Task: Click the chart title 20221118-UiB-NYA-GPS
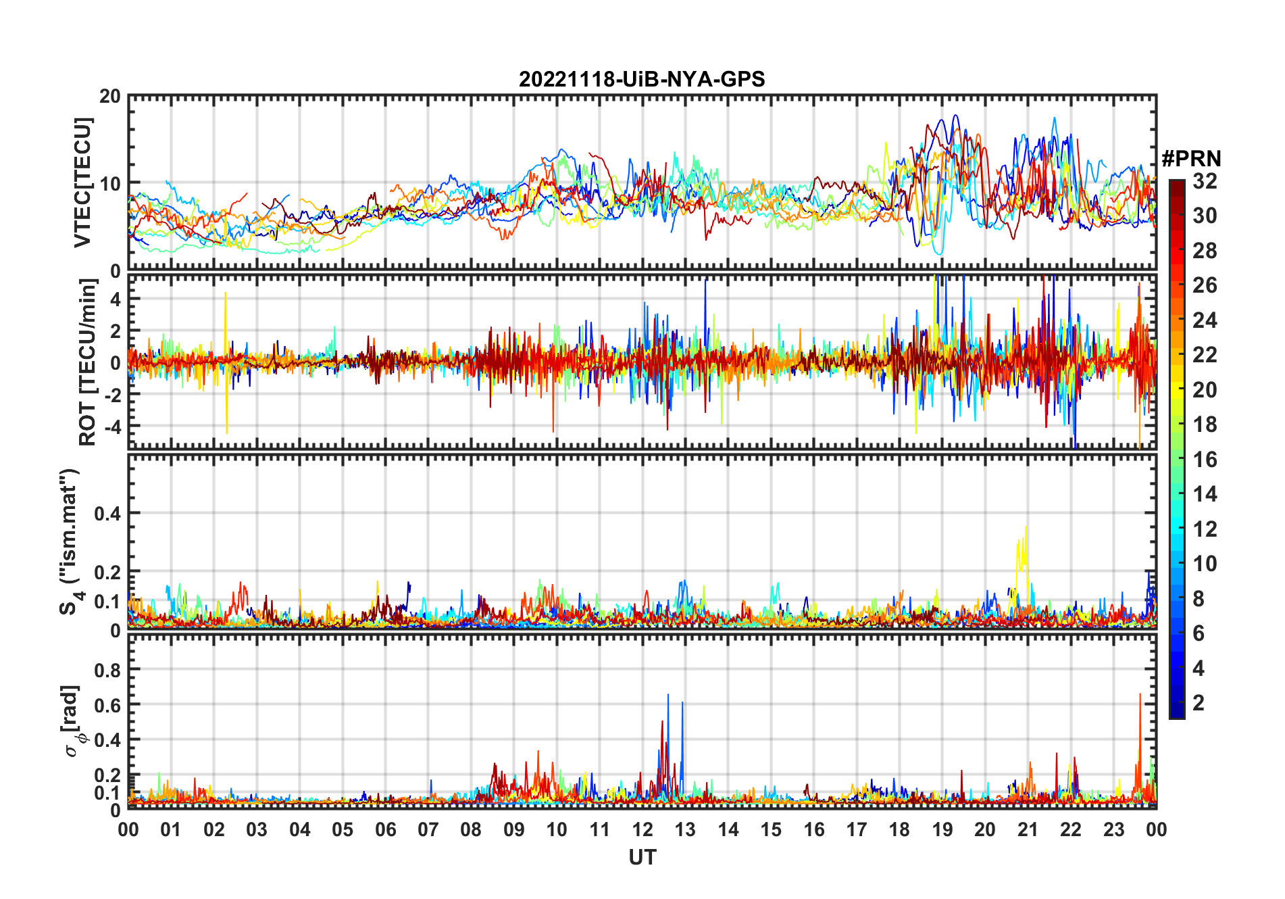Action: point(642,80)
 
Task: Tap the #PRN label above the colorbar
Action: point(1191,159)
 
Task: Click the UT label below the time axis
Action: point(642,857)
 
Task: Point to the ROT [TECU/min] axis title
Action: point(87,362)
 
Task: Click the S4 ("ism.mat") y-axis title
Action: point(70,541)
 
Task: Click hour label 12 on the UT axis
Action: point(642,829)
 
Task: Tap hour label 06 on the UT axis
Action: point(385,829)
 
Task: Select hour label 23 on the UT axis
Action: point(1113,829)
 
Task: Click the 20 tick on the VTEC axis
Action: point(110,97)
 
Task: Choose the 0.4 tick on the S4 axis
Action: point(107,514)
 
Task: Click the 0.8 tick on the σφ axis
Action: point(107,670)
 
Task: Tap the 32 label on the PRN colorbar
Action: point(1205,181)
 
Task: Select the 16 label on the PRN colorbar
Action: point(1205,460)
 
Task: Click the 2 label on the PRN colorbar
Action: point(1199,703)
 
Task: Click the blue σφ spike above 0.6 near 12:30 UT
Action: point(668,696)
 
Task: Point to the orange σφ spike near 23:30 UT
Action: point(1140,696)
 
